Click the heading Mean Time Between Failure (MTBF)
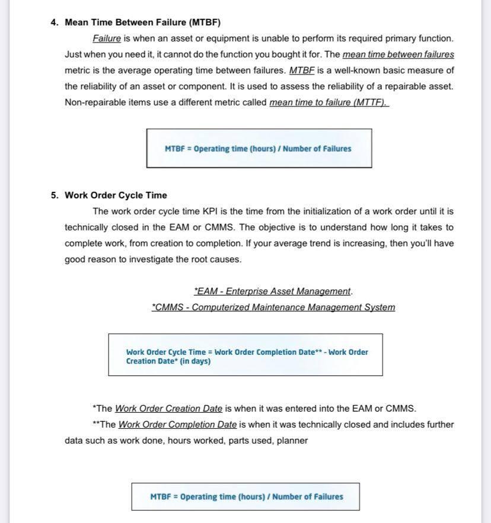pos(142,23)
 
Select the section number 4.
pos(54,23)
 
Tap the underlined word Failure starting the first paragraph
pos(107,38)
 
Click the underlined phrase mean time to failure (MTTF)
pos(329,102)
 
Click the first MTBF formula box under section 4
pos(259,149)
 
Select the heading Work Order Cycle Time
pos(116,195)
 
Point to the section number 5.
pos(54,195)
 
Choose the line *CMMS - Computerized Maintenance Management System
pos(273,307)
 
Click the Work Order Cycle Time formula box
pos(245,355)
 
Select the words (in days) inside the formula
pos(195,361)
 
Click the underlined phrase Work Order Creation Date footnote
pos(168,409)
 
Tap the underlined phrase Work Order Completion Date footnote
pos(177,425)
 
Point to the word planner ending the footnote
pos(292,441)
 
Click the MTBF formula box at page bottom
pos(245,497)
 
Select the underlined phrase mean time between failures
pos(398,54)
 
